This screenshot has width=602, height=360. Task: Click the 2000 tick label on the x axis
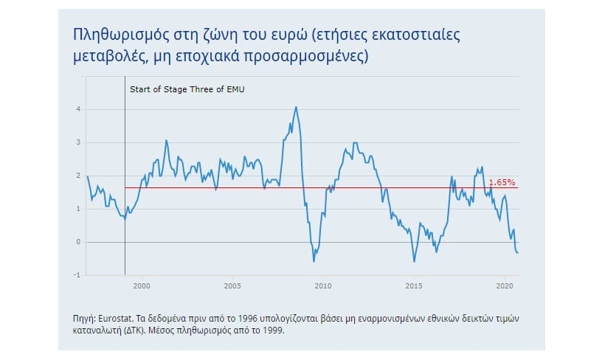[x=142, y=285]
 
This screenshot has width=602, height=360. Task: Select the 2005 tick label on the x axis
[x=232, y=285]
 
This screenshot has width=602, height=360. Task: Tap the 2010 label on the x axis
[x=322, y=285]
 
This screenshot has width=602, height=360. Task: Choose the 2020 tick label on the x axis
[x=504, y=285]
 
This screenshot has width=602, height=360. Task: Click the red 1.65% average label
[x=502, y=181]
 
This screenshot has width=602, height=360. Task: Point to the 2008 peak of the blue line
[x=297, y=107]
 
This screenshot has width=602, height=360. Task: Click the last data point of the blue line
[x=517, y=253]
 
